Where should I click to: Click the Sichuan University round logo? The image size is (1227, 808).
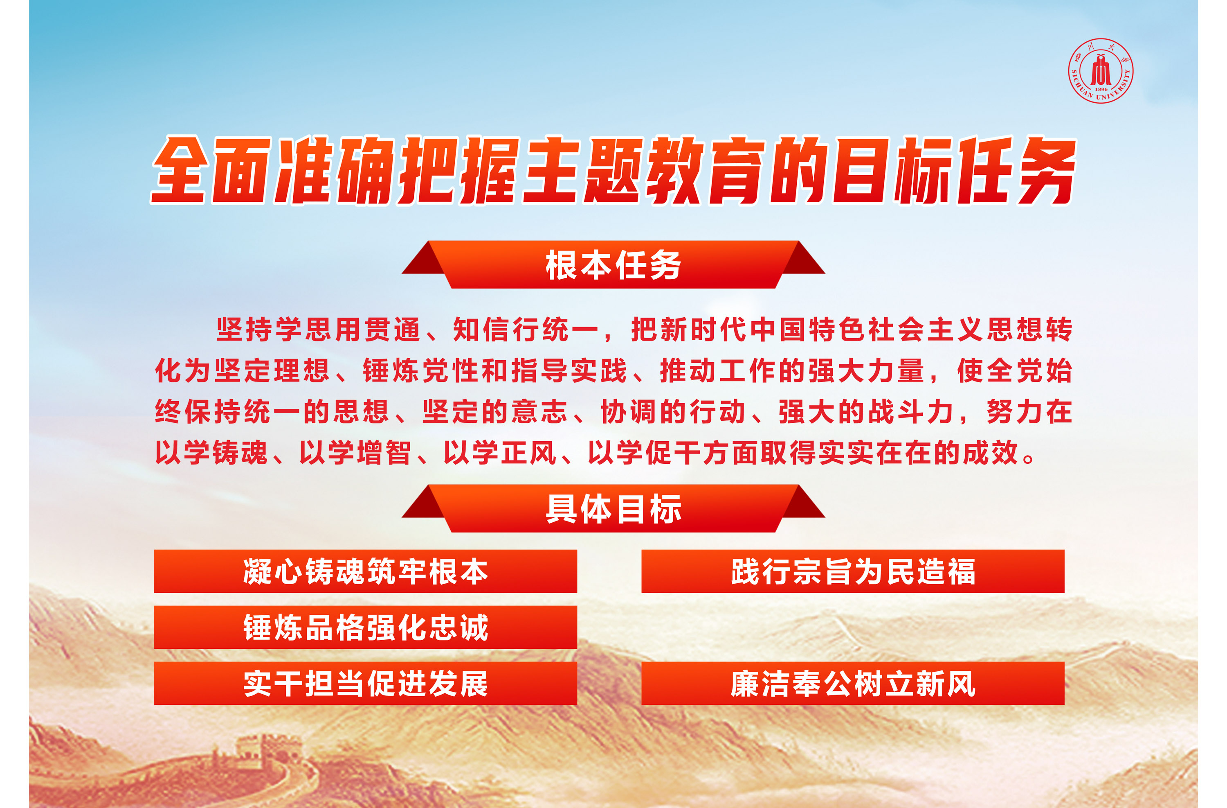coord(1100,71)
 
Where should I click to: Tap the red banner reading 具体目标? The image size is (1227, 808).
coord(613,509)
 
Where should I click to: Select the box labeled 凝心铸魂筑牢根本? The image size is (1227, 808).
coord(366,571)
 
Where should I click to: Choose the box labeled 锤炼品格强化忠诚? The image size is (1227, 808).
coord(366,627)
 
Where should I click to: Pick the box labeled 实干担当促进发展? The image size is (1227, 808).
coord(366,684)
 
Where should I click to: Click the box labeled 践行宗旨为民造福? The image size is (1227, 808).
coord(853,571)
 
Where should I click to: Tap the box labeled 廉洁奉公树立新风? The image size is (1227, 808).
coord(853,684)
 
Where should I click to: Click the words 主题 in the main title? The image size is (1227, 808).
coord(582,170)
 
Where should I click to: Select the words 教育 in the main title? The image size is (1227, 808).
coord(706,170)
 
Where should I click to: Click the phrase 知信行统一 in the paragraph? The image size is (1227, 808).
coord(526,329)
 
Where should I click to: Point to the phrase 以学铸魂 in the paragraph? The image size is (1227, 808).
coord(211,452)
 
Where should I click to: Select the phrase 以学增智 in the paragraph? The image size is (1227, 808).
coord(356,452)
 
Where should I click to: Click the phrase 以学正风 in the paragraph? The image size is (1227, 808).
coord(500,452)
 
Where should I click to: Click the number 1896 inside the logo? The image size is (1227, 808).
coord(1101,89)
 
